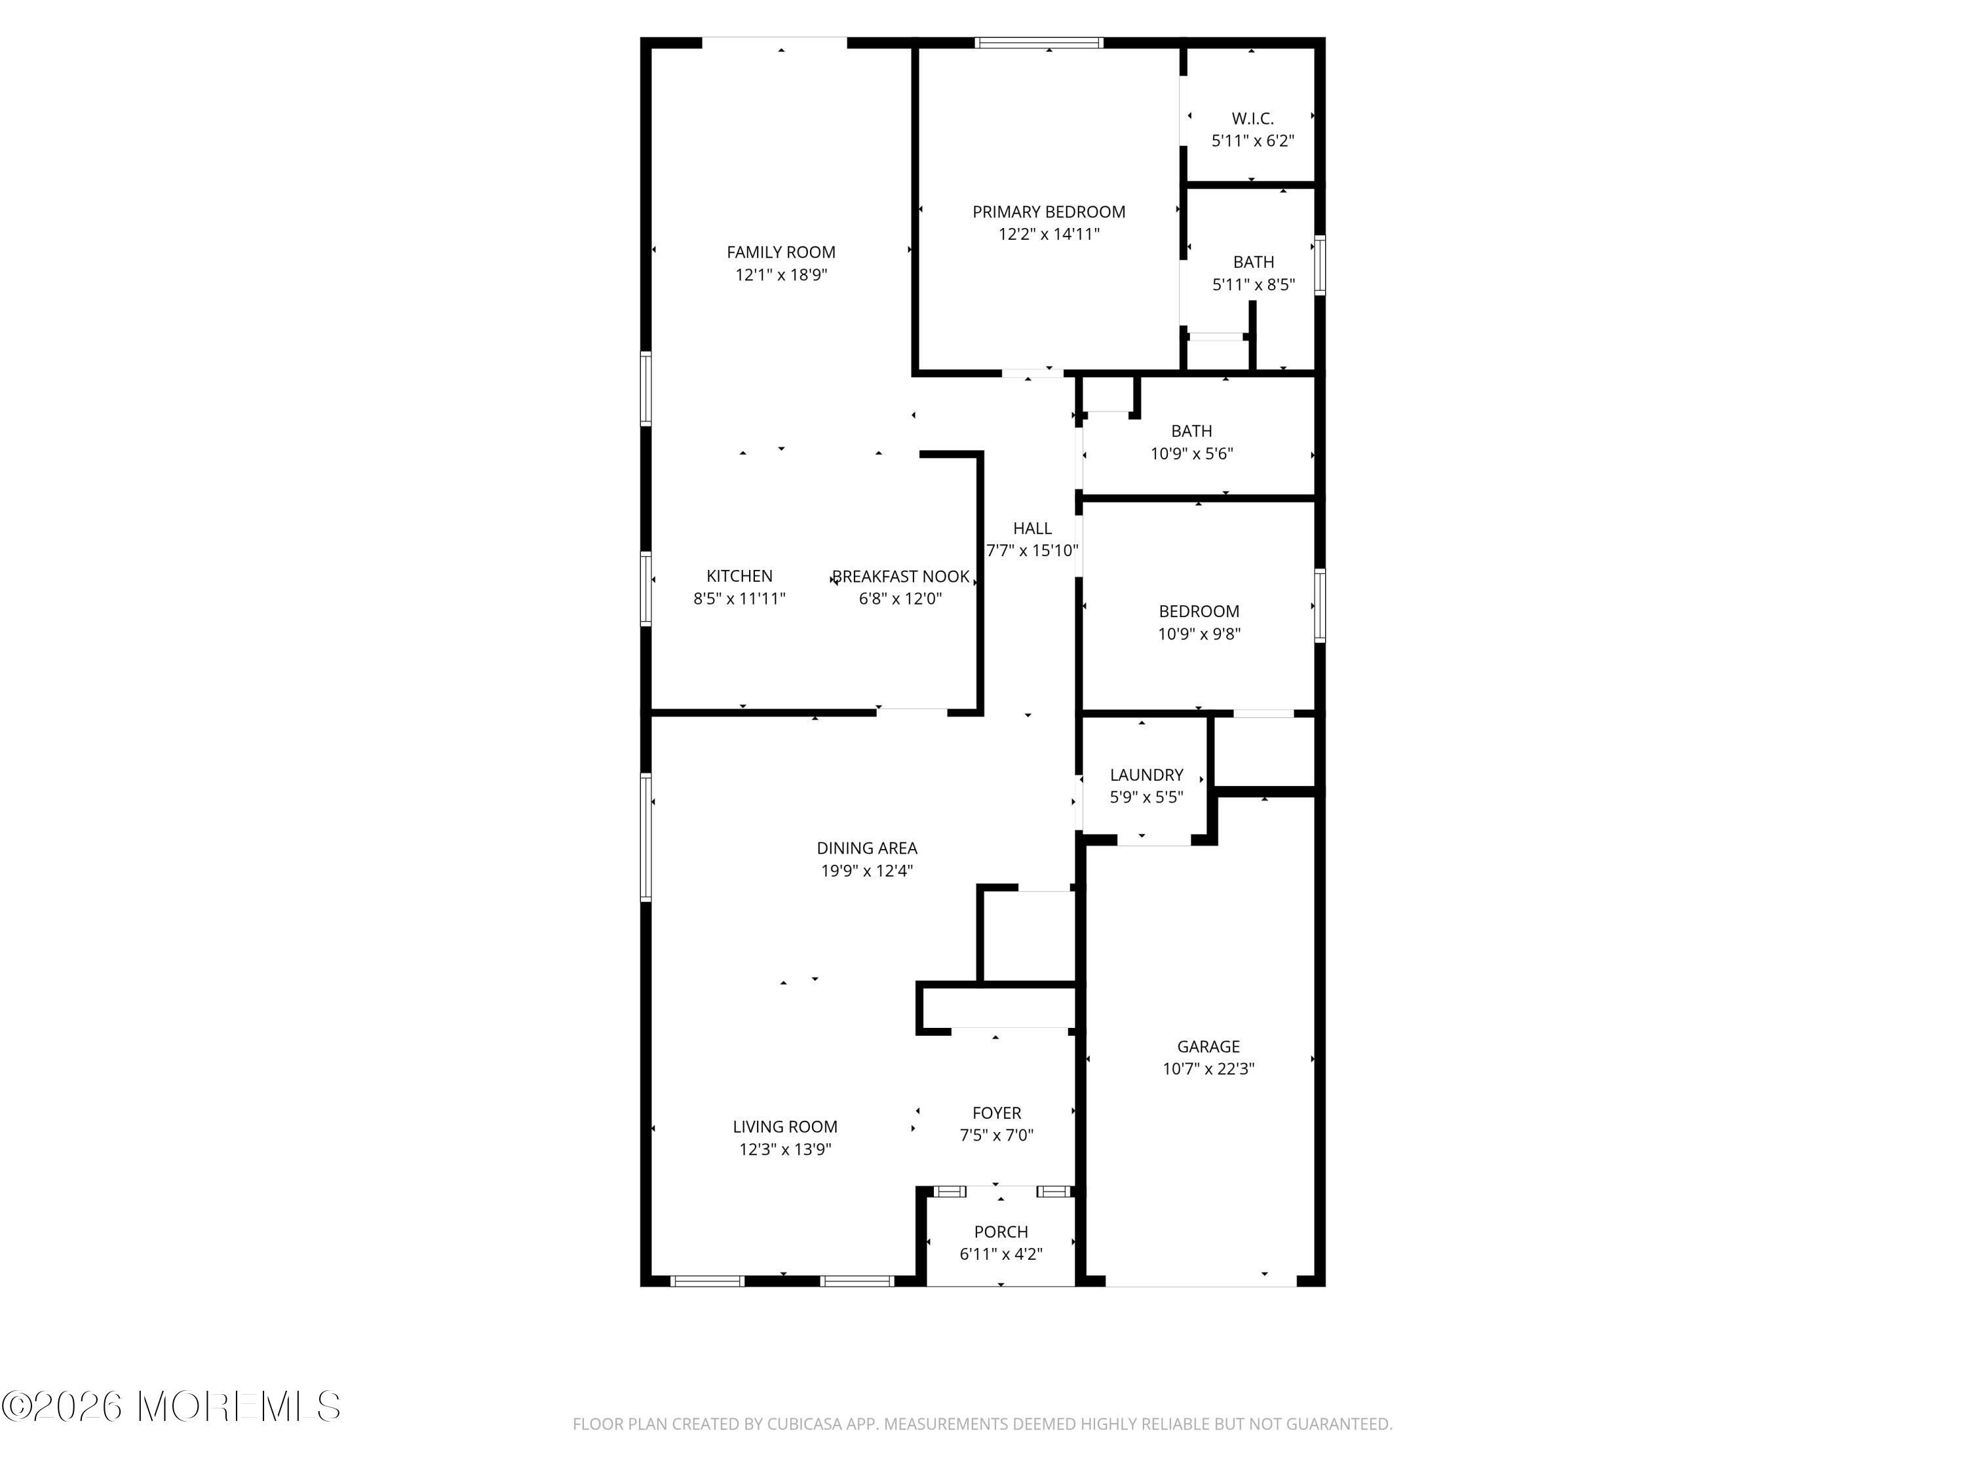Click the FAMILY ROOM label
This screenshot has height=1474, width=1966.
click(x=781, y=252)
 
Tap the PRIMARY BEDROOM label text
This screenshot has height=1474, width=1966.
click(x=1049, y=212)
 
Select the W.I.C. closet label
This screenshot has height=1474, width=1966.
click(x=1252, y=118)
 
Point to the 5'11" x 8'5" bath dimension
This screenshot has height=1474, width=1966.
click(x=1253, y=285)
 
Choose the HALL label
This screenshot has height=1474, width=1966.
click(x=1032, y=529)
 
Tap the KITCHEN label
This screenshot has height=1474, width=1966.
click(x=739, y=576)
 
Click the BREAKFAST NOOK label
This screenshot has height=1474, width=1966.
click(x=900, y=576)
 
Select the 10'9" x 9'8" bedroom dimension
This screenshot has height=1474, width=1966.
click(x=1199, y=634)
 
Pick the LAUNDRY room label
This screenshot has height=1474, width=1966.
click(x=1147, y=776)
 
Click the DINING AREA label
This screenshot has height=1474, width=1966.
click(x=866, y=848)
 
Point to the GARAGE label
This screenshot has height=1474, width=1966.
click(x=1208, y=1048)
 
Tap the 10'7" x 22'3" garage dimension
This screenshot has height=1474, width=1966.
click(x=1208, y=1070)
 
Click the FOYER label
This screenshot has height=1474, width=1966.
click(x=996, y=1113)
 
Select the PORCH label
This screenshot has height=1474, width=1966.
click(x=1001, y=1232)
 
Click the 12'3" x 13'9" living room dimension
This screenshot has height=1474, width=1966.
click(x=785, y=1150)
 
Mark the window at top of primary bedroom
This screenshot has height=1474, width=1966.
click(x=1039, y=43)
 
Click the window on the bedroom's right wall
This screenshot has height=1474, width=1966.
click(x=1320, y=605)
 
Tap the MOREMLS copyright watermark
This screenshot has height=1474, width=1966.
click(x=170, y=1407)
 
